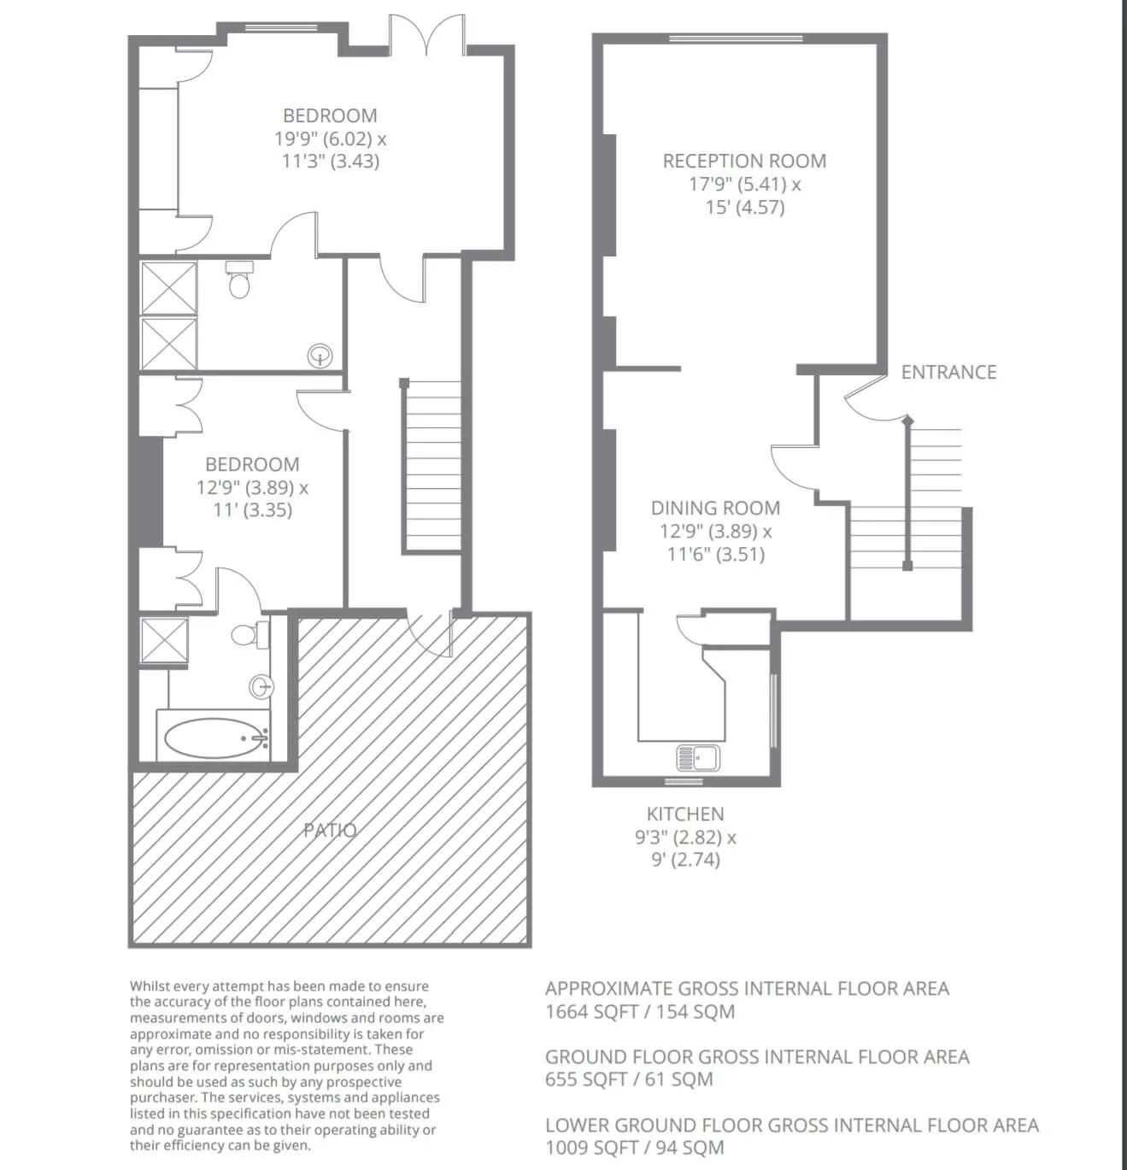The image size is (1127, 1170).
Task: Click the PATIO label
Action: point(330,831)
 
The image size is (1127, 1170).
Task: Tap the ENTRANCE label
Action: point(948,372)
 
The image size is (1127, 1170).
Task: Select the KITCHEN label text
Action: point(685,814)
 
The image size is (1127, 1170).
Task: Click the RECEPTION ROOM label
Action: point(744,162)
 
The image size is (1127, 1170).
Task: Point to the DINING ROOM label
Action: point(715,508)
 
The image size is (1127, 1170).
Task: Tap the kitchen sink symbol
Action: point(698,758)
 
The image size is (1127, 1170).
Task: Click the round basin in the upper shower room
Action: point(320,356)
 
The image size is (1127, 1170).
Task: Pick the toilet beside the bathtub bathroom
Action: point(249,633)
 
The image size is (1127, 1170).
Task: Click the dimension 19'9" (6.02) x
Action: point(330,139)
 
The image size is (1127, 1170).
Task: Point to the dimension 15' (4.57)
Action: point(745,208)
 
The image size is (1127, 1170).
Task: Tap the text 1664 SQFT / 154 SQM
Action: point(639,1011)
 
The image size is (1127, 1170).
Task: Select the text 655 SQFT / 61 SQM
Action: point(629,1079)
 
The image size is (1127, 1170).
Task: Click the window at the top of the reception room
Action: point(736,38)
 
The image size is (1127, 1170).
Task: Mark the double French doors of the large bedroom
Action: point(426,35)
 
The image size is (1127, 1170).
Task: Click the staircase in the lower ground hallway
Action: point(431,466)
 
